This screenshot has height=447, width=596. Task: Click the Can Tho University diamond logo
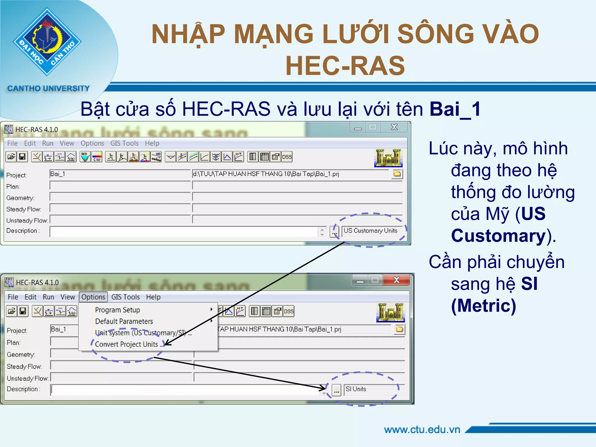(47, 42)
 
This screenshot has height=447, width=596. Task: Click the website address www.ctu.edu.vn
(422, 430)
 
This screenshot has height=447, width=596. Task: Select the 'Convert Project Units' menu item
(127, 344)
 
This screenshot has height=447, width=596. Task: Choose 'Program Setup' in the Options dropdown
(118, 310)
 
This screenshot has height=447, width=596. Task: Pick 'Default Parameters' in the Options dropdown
(124, 321)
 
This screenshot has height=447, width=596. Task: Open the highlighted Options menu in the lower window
(93, 297)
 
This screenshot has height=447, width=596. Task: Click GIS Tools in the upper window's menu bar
(124, 143)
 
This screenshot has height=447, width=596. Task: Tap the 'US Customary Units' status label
(370, 231)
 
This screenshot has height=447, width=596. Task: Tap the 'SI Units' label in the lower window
(356, 389)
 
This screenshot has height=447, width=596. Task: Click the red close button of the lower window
(396, 280)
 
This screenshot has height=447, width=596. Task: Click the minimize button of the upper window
(358, 127)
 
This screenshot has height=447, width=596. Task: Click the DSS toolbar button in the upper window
(287, 157)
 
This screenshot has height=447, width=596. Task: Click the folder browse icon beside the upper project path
(397, 174)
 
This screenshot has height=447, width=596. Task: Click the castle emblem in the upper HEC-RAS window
(388, 158)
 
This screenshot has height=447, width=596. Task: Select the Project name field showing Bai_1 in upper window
(119, 174)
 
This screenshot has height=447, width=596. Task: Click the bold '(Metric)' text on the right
(483, 306)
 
